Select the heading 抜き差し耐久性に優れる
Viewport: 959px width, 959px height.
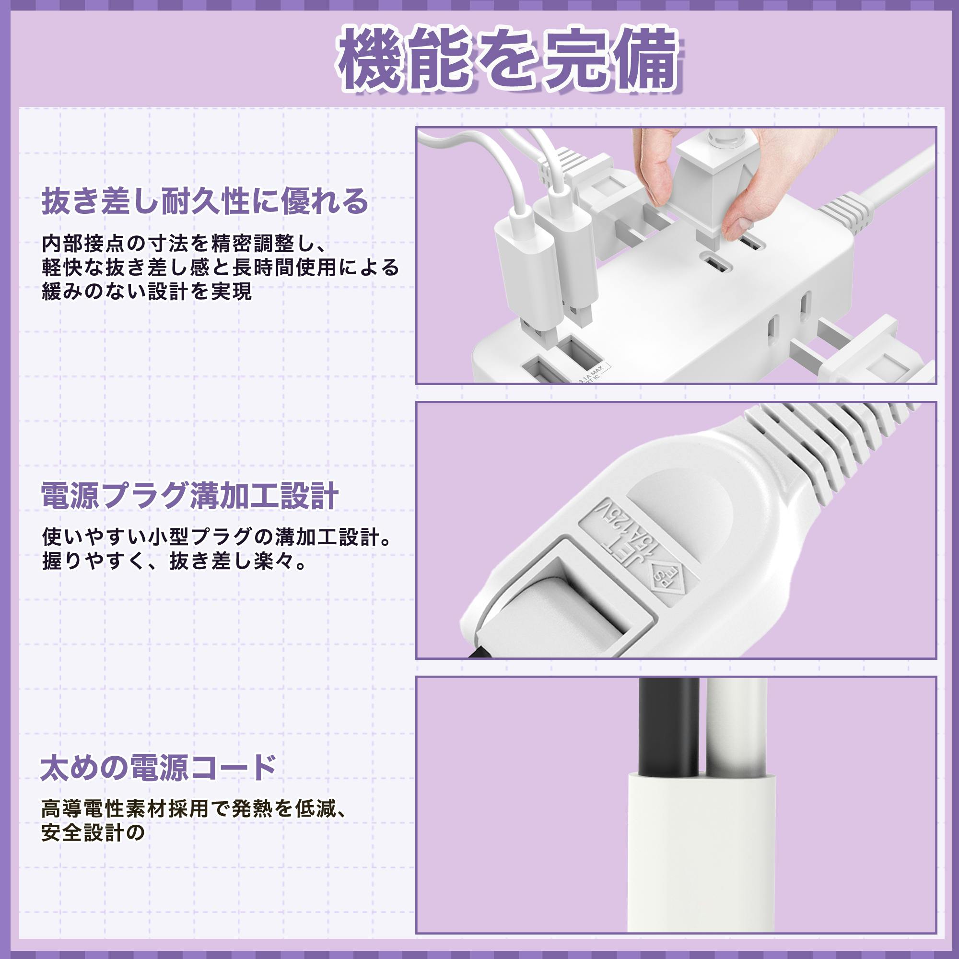click(x=205, y=201)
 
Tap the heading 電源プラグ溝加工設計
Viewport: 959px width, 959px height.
click(x=190, y=495)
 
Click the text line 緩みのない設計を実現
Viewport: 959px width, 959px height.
click(x=147, y=292)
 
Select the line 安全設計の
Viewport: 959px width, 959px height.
click(x=93, y=832)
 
